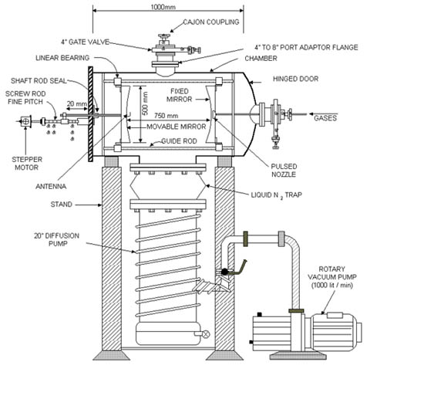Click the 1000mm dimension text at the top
[163, 6]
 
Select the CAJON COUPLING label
[211, 22]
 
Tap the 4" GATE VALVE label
[85, 42]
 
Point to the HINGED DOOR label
[295, 79]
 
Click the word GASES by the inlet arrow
[325, 118]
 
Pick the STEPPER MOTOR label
[27, 164]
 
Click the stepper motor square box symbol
[25, 121]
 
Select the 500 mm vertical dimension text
[145, 103]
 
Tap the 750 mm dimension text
[166, 116]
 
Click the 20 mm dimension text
[77, 103]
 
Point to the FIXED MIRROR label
[179, 95]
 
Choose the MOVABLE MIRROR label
[176, 127]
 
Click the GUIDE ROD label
[179, 141]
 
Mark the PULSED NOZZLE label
[284, 171]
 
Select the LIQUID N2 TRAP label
[276, 195]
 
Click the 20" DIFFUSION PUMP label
[57, 239]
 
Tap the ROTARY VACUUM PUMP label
[331, 277]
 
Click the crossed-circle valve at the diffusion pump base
[206, 334]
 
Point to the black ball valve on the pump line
[224, 272]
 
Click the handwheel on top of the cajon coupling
[163, 36]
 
